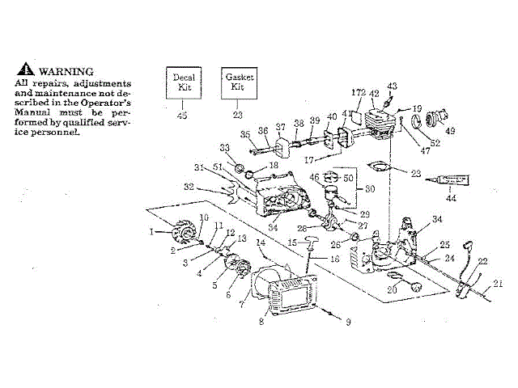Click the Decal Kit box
tap(183, 82)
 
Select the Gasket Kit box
tap(238, 82)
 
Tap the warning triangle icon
tap(28, 70)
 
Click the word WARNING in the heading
tap(66, 71)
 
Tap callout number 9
tap(348, 322)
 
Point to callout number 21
tap(498, 283)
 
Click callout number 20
tap(393, 289)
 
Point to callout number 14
tap(261, 242)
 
